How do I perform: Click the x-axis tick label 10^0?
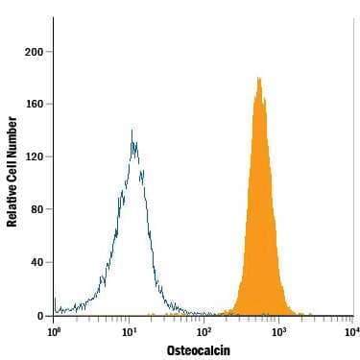pyautogui.click(x=54, y=331)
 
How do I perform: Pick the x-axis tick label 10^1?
pyautogui.click(x=129, y=331)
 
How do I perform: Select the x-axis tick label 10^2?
pyautogui.click(x=204, y=331)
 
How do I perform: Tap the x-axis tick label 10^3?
pyautogui.click(x=278, y=331)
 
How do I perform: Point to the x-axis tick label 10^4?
pyautogui.click(x=350, y=331)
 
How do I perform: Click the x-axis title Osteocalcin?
pyautogui.click(x=199, y=350)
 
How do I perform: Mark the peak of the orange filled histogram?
pyautogui.click(x=259, y=79)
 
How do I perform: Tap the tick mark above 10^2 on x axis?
pyautogui.click(x=204, y=318)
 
